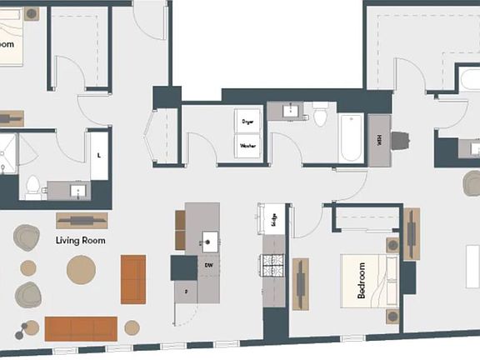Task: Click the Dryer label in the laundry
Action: (247, 122)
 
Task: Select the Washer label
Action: (247, 146)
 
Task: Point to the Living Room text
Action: (81, 240)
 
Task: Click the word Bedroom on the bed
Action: (362, 281)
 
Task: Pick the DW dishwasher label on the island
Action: (208, 266)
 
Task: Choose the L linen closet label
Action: (99, 155)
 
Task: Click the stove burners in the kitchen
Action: (273, 265)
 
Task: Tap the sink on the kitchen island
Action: (207, 242)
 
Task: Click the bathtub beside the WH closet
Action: (351, 138)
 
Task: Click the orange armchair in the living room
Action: (133, 278)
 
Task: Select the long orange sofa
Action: (81, 328)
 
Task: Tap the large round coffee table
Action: (82, 269)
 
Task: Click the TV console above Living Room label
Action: (82, 220)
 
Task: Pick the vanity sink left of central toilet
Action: (291, 111)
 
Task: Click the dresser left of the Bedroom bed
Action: (299, 283)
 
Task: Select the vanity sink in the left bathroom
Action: (78, 191)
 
